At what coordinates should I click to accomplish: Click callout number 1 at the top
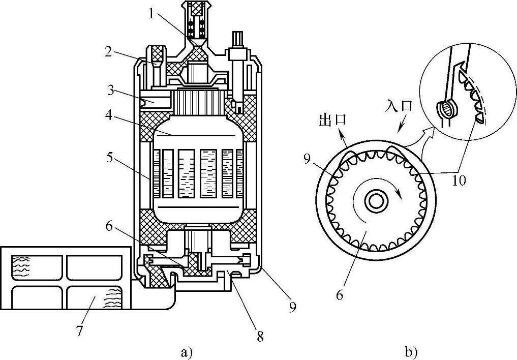[151, 14]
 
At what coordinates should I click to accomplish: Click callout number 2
[109, 52]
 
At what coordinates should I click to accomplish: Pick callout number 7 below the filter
[79, 331]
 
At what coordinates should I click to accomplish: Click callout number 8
[260, 336]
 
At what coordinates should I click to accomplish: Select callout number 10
[459, 180]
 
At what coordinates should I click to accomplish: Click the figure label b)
[411, 352]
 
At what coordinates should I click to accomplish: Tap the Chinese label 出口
[333, 119]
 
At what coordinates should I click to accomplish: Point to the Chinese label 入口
[399, 106]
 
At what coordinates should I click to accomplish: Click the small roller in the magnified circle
[446, 109]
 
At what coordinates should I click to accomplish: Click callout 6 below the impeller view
[340, 295]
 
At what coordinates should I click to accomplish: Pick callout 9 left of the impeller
[307, 160]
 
